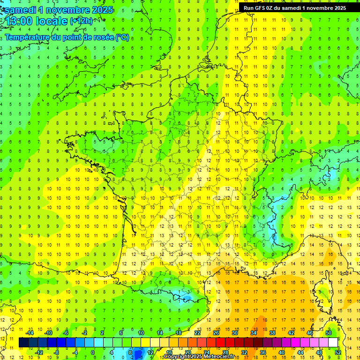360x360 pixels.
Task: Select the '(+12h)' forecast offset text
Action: pyautogui.click(x=81, y=21)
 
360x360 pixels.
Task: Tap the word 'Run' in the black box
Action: pyautogui.click(x=249, y=7)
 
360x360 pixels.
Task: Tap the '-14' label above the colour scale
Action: pyautogui.click(x=30, y=333)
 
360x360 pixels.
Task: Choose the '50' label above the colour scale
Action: pyautogui.click(x=329, y=333)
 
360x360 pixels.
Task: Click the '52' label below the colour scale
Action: pyautogui.click(x=338, y=352)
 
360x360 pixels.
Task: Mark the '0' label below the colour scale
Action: pyautogui.click(x=93, y=352)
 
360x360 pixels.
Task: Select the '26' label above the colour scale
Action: pyautogui.click(x=216, y=333)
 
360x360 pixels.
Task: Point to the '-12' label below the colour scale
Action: pyautogui.click(x=39, y=352)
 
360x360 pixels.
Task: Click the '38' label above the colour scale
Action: pyautogui.click(x=272, y=333)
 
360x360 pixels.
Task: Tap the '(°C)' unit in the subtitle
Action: pyautogui.click(x=122, y=37)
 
